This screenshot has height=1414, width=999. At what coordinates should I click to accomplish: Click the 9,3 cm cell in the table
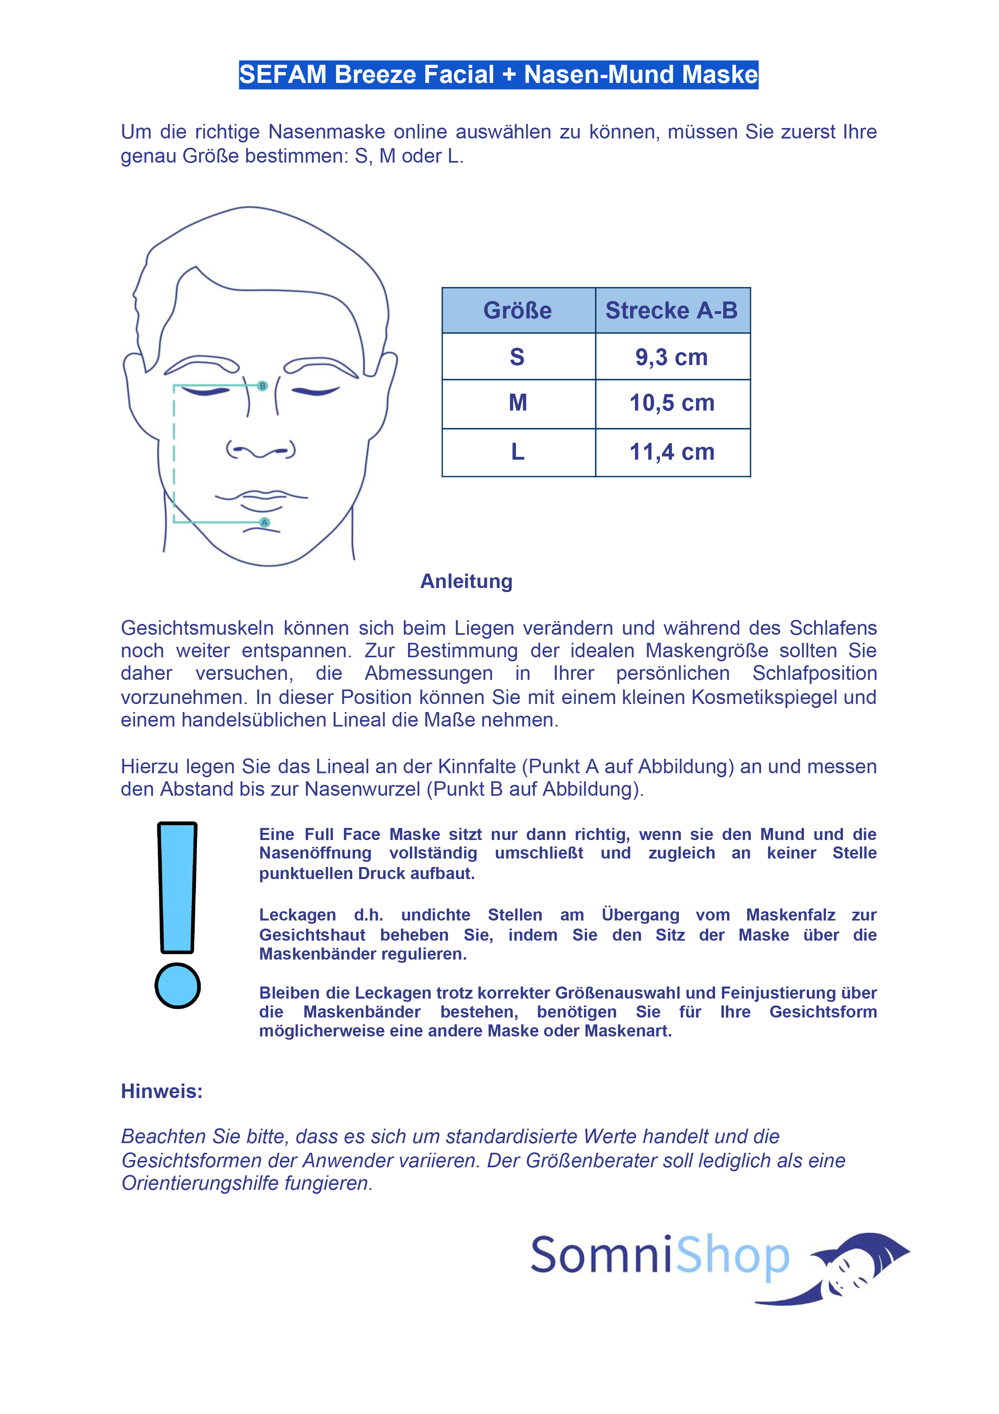pos(672,357)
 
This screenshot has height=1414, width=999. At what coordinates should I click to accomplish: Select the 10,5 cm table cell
pos(672,403)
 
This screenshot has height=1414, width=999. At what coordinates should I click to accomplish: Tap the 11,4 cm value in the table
pos(672,452)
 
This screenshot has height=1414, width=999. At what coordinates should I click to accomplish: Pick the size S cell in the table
pos(517,357)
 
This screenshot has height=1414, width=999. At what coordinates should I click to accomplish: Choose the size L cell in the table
pos(518,452)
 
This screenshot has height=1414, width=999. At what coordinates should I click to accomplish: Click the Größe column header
pos(517,310)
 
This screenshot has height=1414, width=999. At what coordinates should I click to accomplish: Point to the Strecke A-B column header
pos(672,310)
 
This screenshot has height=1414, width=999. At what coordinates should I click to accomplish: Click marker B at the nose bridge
pos(263,386)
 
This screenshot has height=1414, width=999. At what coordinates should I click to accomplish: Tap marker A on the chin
pos(265,522)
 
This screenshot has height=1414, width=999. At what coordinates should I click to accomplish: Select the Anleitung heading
pos(466,581)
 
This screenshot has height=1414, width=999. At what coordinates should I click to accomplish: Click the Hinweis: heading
pos(161,1091)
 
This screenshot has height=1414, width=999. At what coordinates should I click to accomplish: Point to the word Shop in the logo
pos(732,1256)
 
